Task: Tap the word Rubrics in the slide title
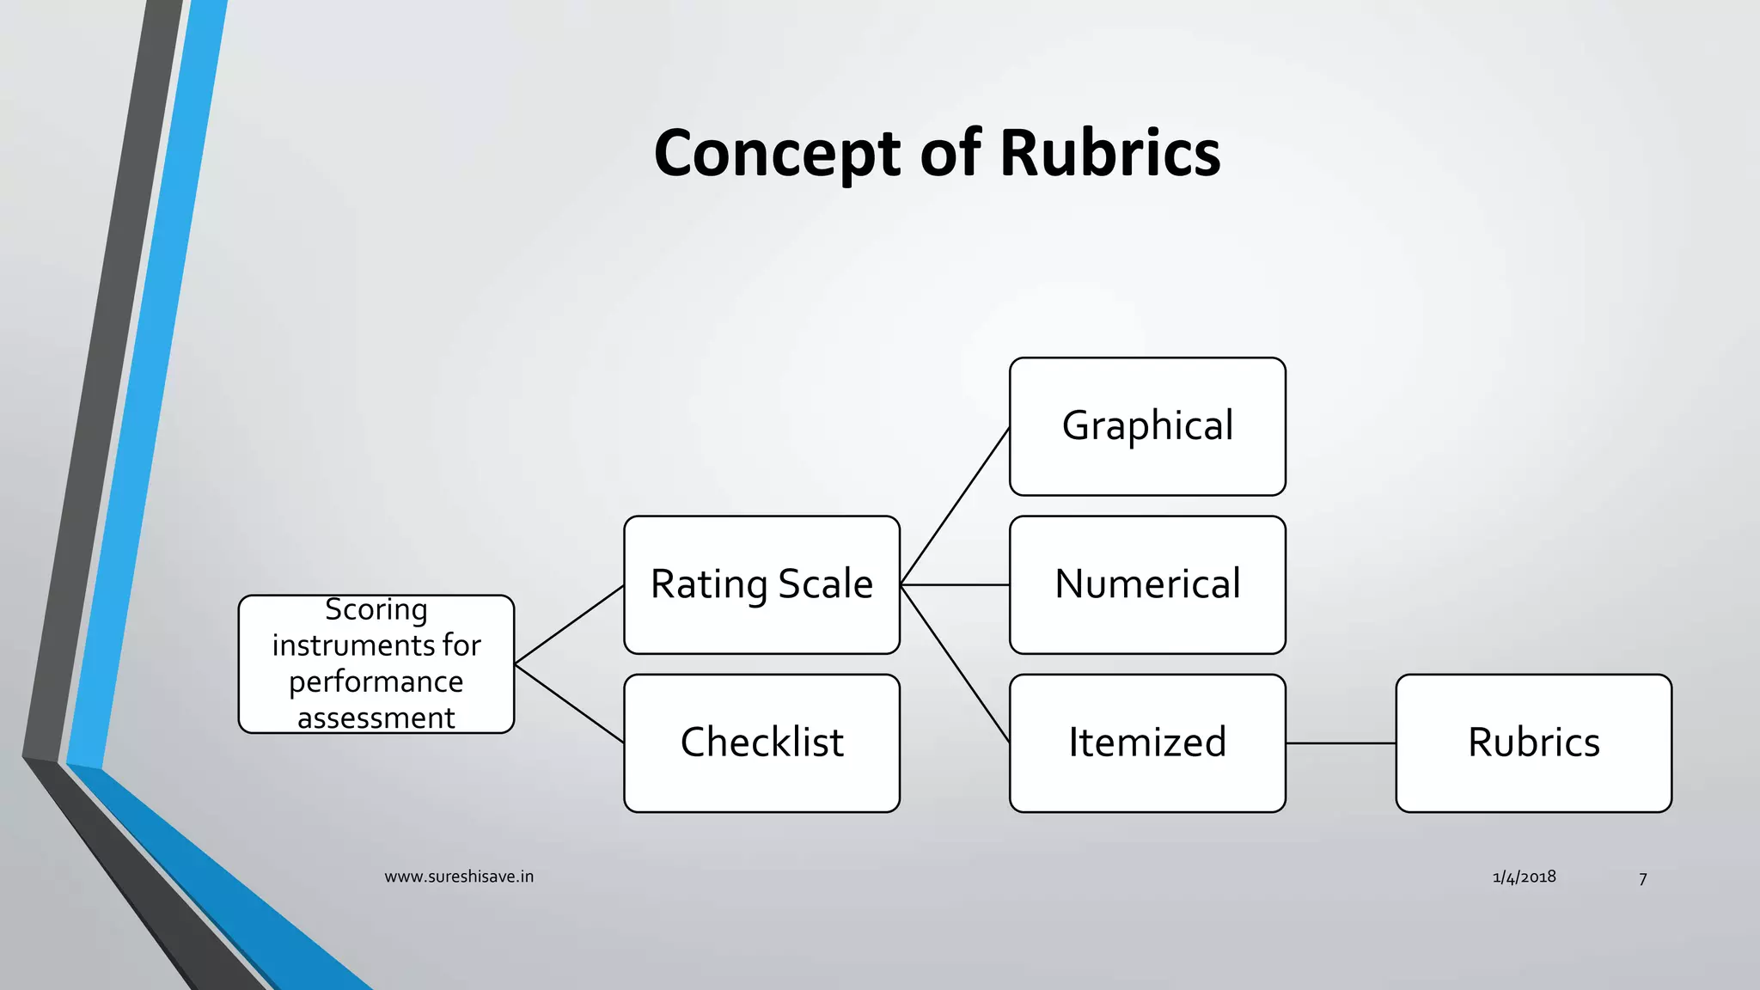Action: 1109,153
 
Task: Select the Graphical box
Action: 1147,426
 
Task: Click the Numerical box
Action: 1147,584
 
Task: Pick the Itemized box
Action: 1147,742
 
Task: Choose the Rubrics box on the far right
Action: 1533,742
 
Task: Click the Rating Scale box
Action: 761,584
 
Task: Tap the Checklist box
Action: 761,742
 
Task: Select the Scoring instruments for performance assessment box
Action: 376,663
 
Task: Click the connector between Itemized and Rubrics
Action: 1341,743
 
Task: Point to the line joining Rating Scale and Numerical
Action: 955,584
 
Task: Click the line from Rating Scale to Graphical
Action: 955,506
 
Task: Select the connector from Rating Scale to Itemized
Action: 955,663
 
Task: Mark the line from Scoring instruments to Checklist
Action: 569,703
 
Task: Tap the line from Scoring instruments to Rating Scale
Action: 569,625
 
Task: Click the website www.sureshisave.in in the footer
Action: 459,877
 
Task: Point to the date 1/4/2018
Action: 1524,877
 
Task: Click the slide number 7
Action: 1642,879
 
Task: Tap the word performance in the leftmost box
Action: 376,681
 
